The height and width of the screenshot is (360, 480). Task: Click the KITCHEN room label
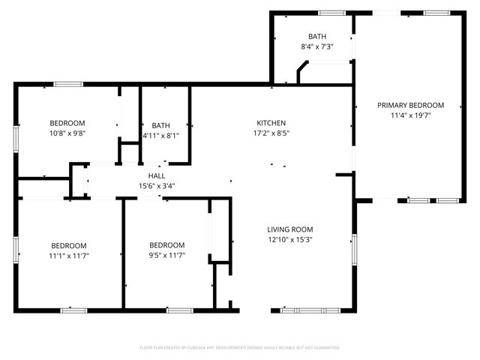click(x=271, y=123)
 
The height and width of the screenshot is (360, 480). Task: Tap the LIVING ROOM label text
click(x=290, y=229)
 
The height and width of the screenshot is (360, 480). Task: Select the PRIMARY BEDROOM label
click(x=410, y=106)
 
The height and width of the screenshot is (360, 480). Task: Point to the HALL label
click(x=156, y=175)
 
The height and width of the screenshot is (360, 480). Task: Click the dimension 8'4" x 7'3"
click(x=316, y=46)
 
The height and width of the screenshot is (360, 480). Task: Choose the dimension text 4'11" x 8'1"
click(x=161, y=136)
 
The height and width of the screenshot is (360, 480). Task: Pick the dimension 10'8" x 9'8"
click(x=67, y=133)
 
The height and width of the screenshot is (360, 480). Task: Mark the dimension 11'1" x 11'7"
click(x=68, y=256)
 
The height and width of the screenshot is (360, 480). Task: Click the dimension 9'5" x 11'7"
click(x=166, y=256)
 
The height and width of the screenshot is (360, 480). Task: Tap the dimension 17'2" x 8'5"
click(x=271, y=133)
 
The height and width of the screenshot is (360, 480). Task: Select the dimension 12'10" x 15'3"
click(x=290, y=240)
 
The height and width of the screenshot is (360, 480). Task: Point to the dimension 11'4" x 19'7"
click(x=410, y=115)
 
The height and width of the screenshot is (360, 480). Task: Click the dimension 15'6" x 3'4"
click(x=156, y=186)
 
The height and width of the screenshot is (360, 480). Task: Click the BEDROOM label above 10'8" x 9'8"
click(x=67, y=123)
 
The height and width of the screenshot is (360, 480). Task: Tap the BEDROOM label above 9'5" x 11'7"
click(x=166, y=245)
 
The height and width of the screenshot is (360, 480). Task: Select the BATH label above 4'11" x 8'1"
click(x=161, y=125)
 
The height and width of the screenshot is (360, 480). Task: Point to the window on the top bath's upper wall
click(x=331, y=13)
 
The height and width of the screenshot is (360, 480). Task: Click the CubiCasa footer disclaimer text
click(x=240, y=348)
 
